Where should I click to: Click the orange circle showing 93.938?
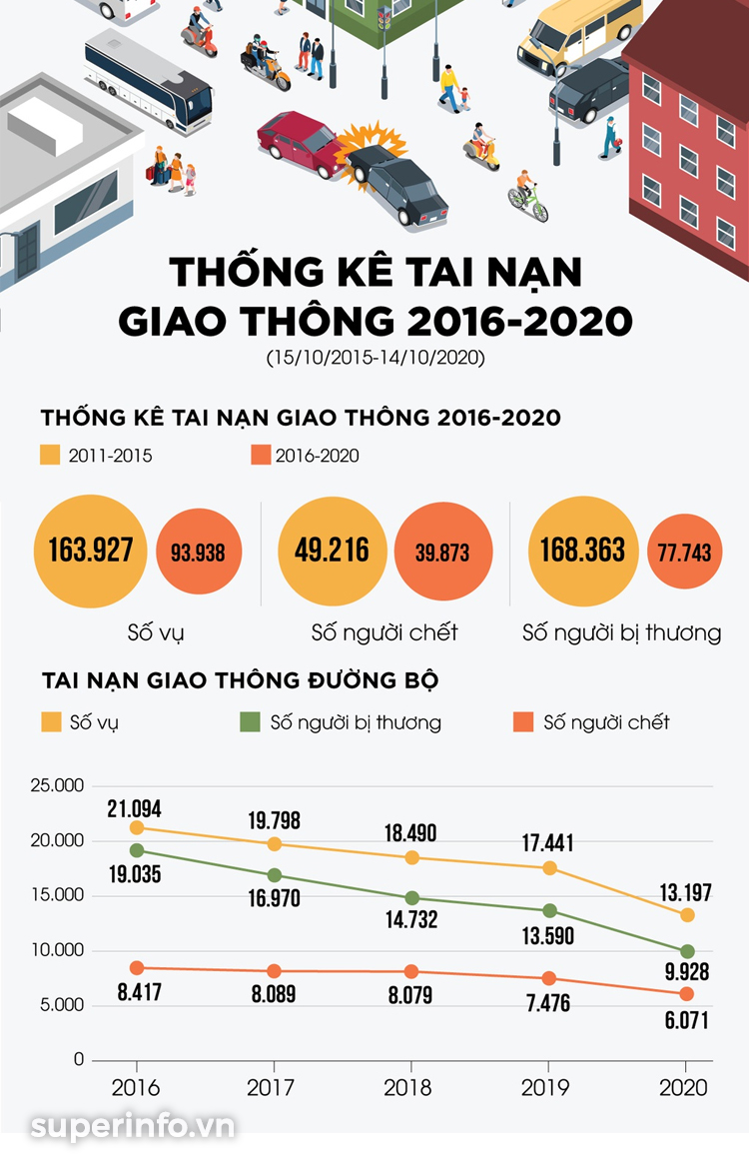click(198, 552)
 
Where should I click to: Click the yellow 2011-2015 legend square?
click(51, 456)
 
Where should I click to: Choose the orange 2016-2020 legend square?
click(261, 456)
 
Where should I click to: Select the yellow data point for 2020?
click(687, 915)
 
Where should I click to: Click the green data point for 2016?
click(137, 850)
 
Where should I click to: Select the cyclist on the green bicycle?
click(526, 198)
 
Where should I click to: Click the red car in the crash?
click(298, 142)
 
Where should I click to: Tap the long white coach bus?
click(148, 80)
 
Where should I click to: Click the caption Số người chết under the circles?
click(384, 632)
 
